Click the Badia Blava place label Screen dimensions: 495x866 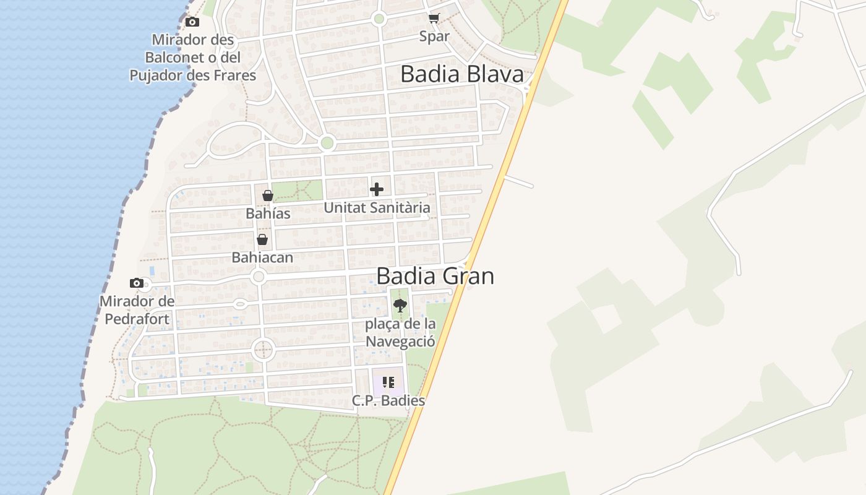pos(461,74)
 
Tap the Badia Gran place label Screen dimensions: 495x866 pos(435,276)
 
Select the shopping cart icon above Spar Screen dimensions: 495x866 pos(434,19)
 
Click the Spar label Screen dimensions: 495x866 pos(434,36)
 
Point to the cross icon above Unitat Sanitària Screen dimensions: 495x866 pos(377,189)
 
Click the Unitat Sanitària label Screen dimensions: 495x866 pos(377,208)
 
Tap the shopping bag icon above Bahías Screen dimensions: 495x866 pos(268,196)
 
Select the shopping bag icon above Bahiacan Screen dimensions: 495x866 pos(262,239)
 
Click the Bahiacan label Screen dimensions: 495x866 pos(262,257)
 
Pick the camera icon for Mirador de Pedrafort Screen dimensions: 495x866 pos(137,283)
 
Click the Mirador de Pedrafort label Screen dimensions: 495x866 pos(137,310)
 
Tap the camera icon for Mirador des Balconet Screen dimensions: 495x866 pos(192,22)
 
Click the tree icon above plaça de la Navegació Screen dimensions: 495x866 pos(400,304)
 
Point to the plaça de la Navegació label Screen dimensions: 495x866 pos(400,332)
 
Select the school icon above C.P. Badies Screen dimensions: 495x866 pos(388,382)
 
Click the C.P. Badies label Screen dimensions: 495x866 pos(388,400)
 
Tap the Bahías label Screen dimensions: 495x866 pos(268,213)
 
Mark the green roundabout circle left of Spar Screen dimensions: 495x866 pos(379,19)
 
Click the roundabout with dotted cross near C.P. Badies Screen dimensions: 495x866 pos(263,350)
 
